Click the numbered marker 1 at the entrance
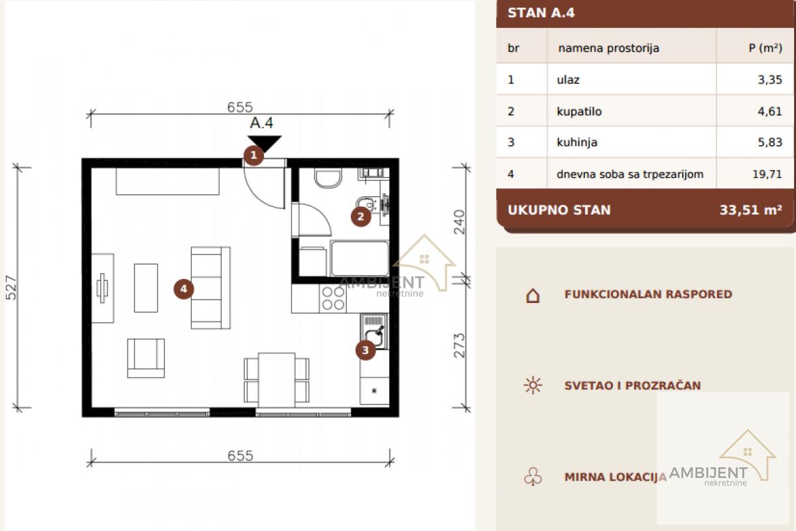253,155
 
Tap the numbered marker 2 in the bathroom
361,216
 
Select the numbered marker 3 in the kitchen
365,350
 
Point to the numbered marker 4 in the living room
184,289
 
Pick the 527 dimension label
11,288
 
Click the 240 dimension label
459,222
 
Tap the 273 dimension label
459,345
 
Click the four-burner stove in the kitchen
333,298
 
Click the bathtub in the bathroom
360,259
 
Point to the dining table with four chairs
277,380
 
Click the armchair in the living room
146,358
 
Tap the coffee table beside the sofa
146,288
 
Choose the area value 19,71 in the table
767,174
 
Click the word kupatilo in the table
579,111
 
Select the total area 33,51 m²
751,210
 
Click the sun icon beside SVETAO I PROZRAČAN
533,385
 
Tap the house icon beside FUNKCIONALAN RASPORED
533,295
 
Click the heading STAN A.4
541,13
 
